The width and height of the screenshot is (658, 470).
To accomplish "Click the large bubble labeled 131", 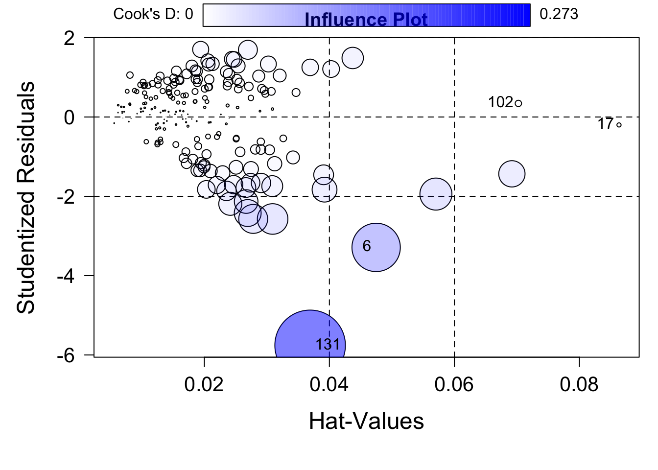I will click(310, 345).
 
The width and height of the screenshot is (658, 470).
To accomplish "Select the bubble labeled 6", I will click(376, 247).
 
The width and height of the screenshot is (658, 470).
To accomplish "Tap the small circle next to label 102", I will click(518, 103).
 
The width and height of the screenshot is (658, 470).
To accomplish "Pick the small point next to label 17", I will click(619, 125).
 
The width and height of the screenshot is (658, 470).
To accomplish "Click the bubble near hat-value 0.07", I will click(512, 173).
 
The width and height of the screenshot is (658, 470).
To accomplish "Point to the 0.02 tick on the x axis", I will click(204, 384).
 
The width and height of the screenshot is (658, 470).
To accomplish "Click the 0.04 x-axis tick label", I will click(329, 384).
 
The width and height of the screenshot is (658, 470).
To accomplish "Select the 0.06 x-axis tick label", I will click(454, 384).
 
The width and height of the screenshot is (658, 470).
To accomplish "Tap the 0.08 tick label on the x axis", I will click(579, 384).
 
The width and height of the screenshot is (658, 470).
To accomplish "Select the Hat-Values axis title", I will click(366, 421).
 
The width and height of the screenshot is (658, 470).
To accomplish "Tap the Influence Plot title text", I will click(366, 20).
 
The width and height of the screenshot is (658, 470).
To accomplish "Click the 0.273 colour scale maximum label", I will click(559, 14).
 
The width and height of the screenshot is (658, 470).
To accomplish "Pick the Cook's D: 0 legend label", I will click(153, 14).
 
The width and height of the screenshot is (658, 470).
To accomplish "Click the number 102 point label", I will click(500, 102).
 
